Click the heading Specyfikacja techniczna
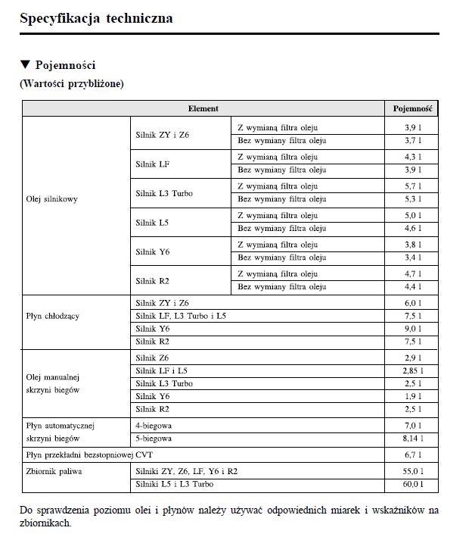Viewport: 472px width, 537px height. click(96, 17)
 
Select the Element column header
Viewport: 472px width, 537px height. click(203, 108)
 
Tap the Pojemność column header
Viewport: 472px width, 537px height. click(412, 108)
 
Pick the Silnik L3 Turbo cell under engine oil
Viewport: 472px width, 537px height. click(164, 193)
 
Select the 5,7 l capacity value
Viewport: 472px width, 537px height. click(412, 186)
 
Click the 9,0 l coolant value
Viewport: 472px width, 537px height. click(412, 329)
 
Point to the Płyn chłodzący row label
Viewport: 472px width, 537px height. click(53, 315)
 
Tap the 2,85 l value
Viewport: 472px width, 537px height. click(412, 371)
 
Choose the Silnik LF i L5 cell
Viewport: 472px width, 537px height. click(162, 371)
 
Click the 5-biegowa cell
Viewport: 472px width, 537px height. click(154, 439)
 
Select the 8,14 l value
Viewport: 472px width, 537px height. click(412, 439)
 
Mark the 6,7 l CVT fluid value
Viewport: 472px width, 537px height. click(412, 455)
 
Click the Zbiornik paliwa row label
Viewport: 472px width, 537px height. click(54, 471)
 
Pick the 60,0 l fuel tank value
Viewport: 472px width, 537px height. click(412, 484)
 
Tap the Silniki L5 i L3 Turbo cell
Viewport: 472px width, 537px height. click(175, 484)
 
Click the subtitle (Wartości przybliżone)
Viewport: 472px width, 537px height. click(71, 83)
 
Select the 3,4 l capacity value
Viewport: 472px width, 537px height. click(412, 258)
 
